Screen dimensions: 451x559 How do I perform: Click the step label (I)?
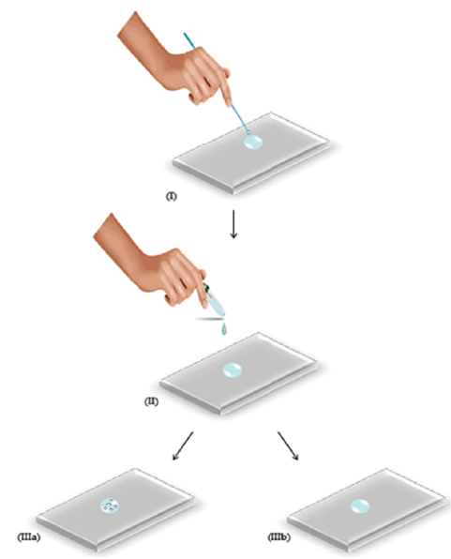pos(172,196)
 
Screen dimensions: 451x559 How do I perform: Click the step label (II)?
pos(151,401)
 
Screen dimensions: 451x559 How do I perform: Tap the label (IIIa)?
pos(28,536)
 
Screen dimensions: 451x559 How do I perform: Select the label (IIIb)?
pos(278,536)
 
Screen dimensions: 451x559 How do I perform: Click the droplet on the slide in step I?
pos(253,143)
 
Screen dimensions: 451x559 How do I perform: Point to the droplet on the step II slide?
pos(233,370)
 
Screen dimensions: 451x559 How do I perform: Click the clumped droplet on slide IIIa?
pos(110,506)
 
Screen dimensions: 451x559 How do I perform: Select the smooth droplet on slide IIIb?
pos(360,506)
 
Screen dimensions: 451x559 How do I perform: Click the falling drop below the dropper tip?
pos(224,329)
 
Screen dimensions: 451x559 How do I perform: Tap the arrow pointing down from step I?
pos(233,223)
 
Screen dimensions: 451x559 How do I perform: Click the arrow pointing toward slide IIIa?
pos(183,446)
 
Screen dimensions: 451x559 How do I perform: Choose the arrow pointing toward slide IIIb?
pos(288,446)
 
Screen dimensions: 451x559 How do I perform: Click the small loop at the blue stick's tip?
pos(248,132)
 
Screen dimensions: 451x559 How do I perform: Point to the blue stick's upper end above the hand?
pos(185,34)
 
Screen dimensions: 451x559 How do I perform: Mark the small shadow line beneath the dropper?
pos(209,318)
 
